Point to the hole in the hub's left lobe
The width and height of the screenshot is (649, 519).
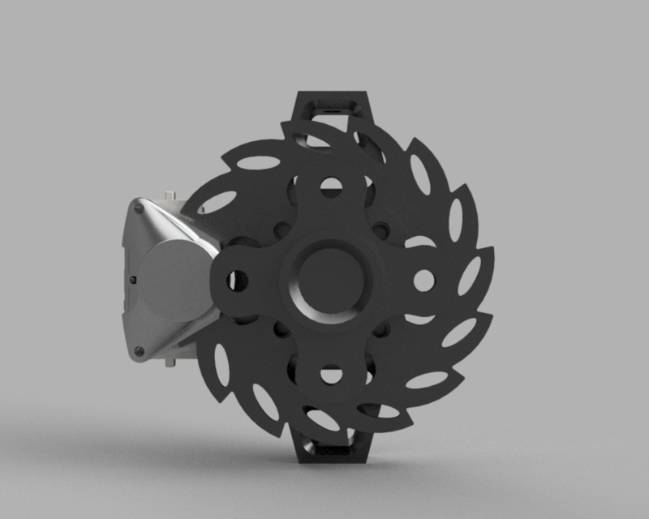tap(238, 281)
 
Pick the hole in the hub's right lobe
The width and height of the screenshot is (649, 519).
tap(423, 281)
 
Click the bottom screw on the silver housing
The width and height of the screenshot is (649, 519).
tap(139, 351)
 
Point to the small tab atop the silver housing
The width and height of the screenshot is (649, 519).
tap(170, 195)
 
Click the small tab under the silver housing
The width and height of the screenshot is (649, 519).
tap(170, 362)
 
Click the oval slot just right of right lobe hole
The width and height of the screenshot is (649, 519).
tap(469, 276)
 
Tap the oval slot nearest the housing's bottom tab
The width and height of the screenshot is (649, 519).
tap(221, 363)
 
